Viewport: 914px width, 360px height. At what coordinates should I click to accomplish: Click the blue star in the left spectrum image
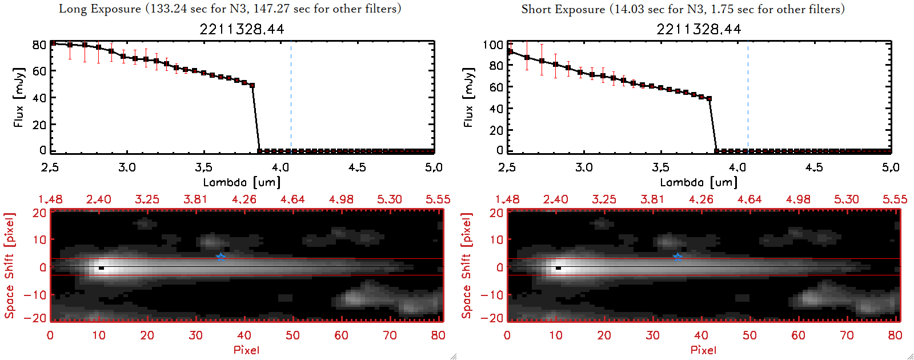(x=221, y=257)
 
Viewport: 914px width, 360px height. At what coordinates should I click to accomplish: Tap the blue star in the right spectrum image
(x=678, y=257)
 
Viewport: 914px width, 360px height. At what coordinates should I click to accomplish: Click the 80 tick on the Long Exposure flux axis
(x=39, y=45)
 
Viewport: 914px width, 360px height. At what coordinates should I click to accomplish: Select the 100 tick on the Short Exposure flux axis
(x=493, y=45)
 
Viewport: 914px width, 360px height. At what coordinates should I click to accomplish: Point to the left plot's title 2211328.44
(x=242, y=29)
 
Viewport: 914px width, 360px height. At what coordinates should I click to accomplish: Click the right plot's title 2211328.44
(x=699, y=29)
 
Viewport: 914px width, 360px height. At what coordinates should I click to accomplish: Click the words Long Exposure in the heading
(x=100, y=9)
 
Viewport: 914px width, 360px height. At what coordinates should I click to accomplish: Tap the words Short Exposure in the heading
(x=563, y=9)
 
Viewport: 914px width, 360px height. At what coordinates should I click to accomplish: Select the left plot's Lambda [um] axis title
(x=242, y=182)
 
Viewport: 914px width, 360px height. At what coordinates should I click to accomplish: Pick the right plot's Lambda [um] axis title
(x=699, y=182)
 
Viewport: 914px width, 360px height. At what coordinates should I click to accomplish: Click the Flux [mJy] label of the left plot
(x=19, y=97)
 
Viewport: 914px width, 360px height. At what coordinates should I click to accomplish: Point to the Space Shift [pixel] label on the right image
(x=467, y=266)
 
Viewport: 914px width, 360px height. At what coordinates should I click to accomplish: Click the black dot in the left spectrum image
(x=101, y=267)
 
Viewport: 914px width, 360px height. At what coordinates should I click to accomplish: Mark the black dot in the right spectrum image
(x=558, y=267)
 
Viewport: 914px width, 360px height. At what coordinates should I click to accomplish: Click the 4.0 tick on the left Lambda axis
(x=280, y=167)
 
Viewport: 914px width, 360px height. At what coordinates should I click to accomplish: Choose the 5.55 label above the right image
(x=895, y=199)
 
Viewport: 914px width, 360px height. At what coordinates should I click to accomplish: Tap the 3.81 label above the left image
(x=195, y=199)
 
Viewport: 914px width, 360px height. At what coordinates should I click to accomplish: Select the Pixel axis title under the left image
(x=246, y=350)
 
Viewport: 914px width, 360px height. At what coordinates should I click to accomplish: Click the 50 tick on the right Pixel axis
(x=749, y=335)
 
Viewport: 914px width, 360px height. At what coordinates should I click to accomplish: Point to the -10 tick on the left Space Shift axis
(x=35, y=295)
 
